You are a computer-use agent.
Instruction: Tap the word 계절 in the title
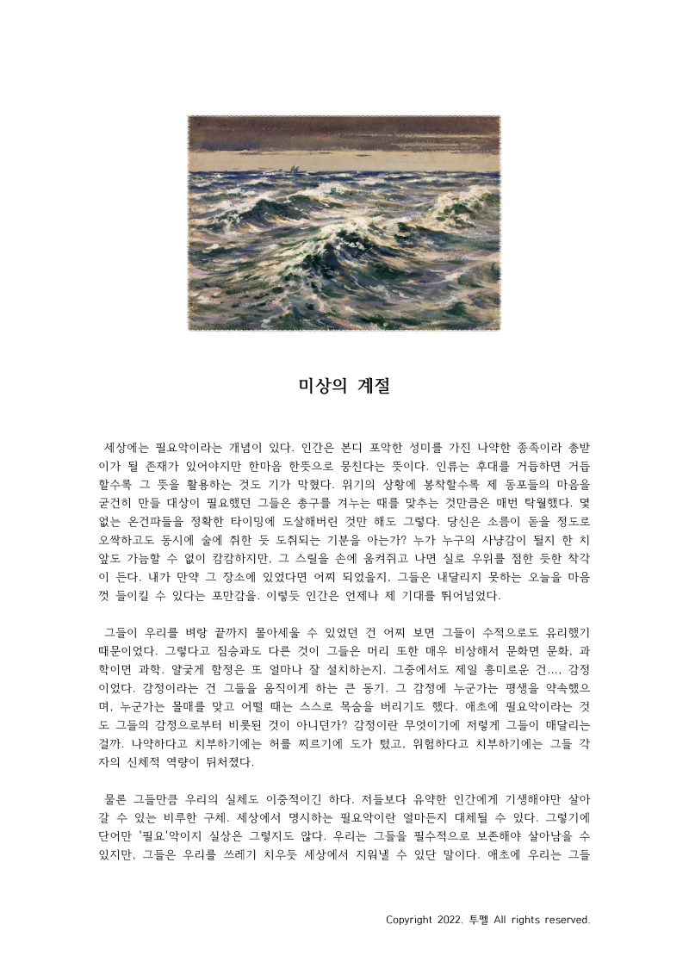pos(369,386)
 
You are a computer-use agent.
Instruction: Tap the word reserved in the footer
pos(565,920)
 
